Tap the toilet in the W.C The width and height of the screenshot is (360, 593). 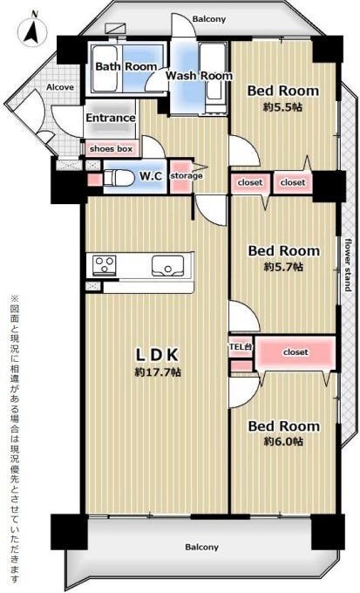coord(118,178)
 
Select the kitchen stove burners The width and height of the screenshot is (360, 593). coord(105,263)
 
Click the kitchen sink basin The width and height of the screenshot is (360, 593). coord(167,266)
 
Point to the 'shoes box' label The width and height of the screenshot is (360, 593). coord(112,149)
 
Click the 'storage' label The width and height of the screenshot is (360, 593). coord(186,176)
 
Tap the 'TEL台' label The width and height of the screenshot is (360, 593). coord(241,346)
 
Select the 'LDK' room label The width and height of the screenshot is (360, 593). coord(157,355)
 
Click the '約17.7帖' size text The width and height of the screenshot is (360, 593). coord(158,372)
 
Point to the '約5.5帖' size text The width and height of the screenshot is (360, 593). coord(282,107)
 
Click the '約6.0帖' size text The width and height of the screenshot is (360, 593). coord(283,441)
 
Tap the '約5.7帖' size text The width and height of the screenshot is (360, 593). coord(283,267)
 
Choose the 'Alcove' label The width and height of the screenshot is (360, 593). coord(60,87)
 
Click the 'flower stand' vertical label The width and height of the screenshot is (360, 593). coord(348,265)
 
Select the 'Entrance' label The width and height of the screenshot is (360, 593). coord(111,118)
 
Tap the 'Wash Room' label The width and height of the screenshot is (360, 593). coord(199,76)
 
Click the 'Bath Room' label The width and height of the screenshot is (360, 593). coord(126,66)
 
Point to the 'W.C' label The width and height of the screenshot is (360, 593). coord(151,176)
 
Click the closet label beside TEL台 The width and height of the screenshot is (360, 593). coord(295,352)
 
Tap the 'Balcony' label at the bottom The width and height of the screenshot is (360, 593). coord(202,548)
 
